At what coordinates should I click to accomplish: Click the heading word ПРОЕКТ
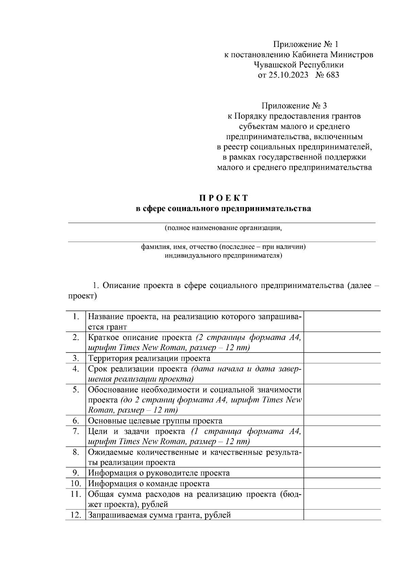click(x=223, y=198)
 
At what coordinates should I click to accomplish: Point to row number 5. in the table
click(x=76, y=390)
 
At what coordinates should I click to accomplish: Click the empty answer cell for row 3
click(x=342, y=358)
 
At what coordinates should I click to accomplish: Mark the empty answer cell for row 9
click(x=342, y=473)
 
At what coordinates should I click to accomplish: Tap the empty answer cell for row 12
click(x=342, y=515)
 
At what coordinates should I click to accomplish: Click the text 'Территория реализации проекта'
click(x=149, y=358)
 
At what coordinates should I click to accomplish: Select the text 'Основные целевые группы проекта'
click(x=155, y=421)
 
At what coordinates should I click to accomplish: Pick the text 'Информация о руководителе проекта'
click(x=159, y=473)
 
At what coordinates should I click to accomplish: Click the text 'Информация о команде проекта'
click(x=149, y=483)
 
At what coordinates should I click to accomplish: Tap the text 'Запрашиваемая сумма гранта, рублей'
click(x=159, y=515)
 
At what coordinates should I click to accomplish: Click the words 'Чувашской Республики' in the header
click(x=299, y=65)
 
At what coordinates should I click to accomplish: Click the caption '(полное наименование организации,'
click(x=223, y=228)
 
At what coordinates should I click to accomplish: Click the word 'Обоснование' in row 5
click(x=112, y=390)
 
